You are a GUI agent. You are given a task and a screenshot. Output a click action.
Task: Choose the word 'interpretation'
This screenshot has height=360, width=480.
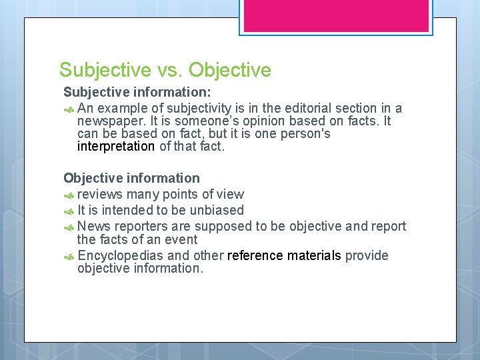point(116,147)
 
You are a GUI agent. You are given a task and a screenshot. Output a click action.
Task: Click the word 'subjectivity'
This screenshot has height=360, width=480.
point(201,108)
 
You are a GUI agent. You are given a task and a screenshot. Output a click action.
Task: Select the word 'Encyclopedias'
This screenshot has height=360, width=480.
point(121,256)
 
